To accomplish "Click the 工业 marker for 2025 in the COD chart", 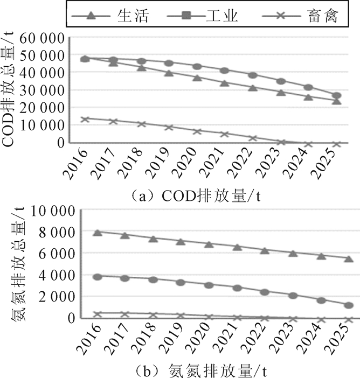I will pos(336,96).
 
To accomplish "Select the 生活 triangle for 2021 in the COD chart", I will pos(225,83).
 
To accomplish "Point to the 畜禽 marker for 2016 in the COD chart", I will pos(85,119).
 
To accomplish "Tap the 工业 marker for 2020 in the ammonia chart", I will pos(209,285).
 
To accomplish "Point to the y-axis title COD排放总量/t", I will pos(9,89).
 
